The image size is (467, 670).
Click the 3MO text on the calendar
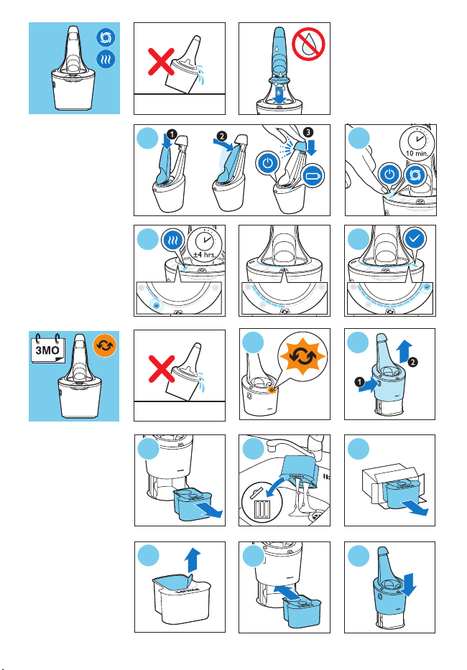point(47,350)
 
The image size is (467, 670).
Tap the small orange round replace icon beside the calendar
point(105,345)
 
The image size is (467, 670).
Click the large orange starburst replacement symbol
point(302,356)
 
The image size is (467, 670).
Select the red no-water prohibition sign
point(308,44)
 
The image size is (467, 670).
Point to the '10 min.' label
point(417,153)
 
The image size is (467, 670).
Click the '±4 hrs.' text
point(204,255)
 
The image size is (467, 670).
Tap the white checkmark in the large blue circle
point(415,238)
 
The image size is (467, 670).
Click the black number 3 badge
point(308,132)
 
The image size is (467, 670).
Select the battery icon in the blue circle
point(313,176)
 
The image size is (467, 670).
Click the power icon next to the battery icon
point(268,164)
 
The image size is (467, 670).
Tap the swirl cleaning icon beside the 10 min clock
point(415,175)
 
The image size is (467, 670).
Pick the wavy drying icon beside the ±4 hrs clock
point(173,240)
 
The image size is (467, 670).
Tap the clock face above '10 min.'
point(416,140)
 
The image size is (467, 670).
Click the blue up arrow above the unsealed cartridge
point(193,560)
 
